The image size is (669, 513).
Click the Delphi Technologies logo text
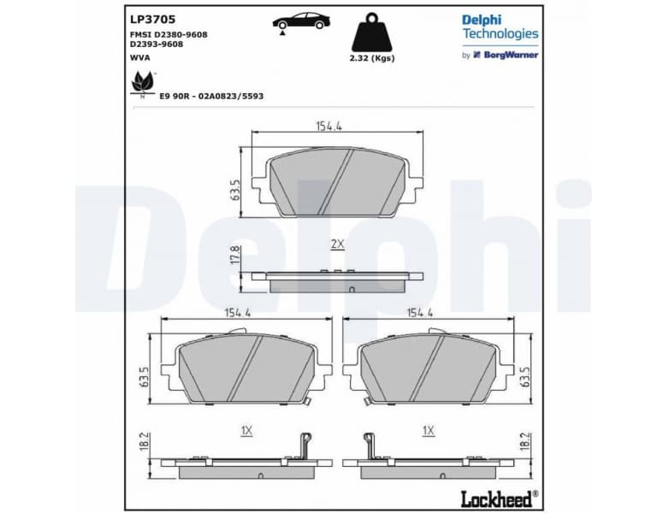click(500, 27)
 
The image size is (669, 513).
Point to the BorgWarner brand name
click(510, 55)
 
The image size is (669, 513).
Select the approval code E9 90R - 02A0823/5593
click(211, 97)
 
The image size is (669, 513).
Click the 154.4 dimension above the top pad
click(329, 126)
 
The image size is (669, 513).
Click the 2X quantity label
click(337, 244)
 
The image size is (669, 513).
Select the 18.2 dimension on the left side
click(144, 441)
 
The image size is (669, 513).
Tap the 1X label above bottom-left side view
click(246, 431)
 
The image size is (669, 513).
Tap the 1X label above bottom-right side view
click(429, 431)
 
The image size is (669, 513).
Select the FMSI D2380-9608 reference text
click(169, 34)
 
